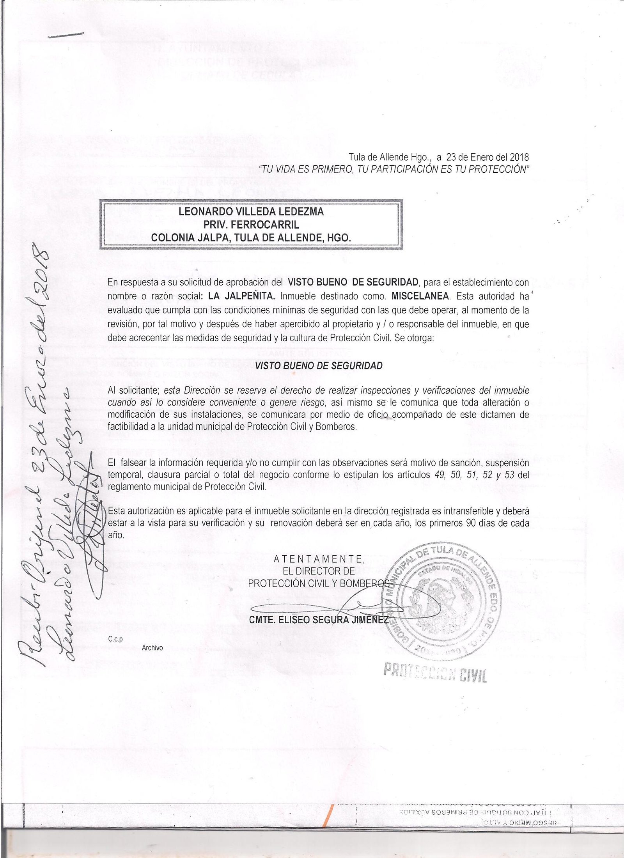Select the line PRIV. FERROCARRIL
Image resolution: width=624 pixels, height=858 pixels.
click(251, 224)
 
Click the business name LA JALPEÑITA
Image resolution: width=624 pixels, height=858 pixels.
click(242, 296)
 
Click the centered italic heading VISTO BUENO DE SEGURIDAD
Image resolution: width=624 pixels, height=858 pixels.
click(318, 366)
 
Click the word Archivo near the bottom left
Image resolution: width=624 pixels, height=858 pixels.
click(152, 648)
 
